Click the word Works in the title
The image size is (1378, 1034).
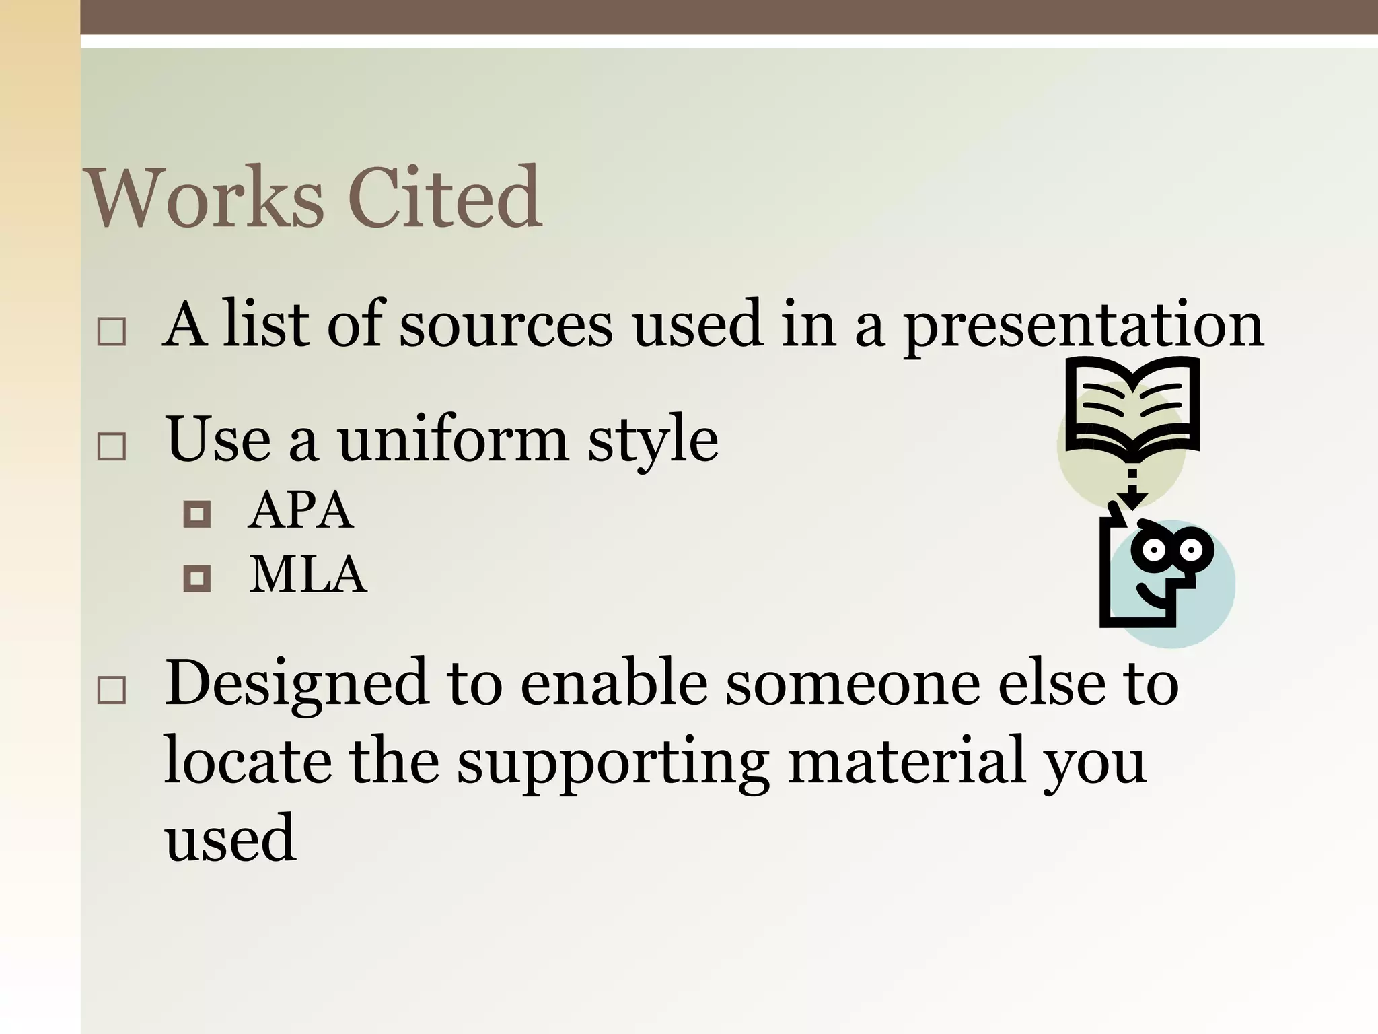205,199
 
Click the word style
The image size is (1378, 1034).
653,441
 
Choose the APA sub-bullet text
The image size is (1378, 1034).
300,511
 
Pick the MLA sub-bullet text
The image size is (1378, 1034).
308,576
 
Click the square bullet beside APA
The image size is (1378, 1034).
197,514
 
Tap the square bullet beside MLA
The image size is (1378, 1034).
197,578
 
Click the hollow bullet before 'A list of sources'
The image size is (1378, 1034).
112,333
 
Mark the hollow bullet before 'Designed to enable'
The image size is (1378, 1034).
112,691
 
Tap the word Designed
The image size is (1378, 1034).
297,683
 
